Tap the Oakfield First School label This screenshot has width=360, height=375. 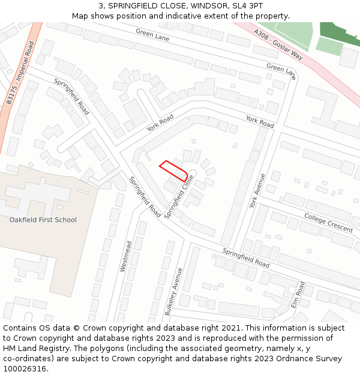click(x=43, y=220)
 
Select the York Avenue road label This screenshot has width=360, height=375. click(x=257, y=191)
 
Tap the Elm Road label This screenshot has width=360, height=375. click(x=298, y=294)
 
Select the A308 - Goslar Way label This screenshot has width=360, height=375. click(x=278, y=44)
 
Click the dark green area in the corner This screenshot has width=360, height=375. click(x=341, y=33)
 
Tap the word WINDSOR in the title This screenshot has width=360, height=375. click(x=208, y=6)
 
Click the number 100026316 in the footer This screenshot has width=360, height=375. click(x=25, y=369)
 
